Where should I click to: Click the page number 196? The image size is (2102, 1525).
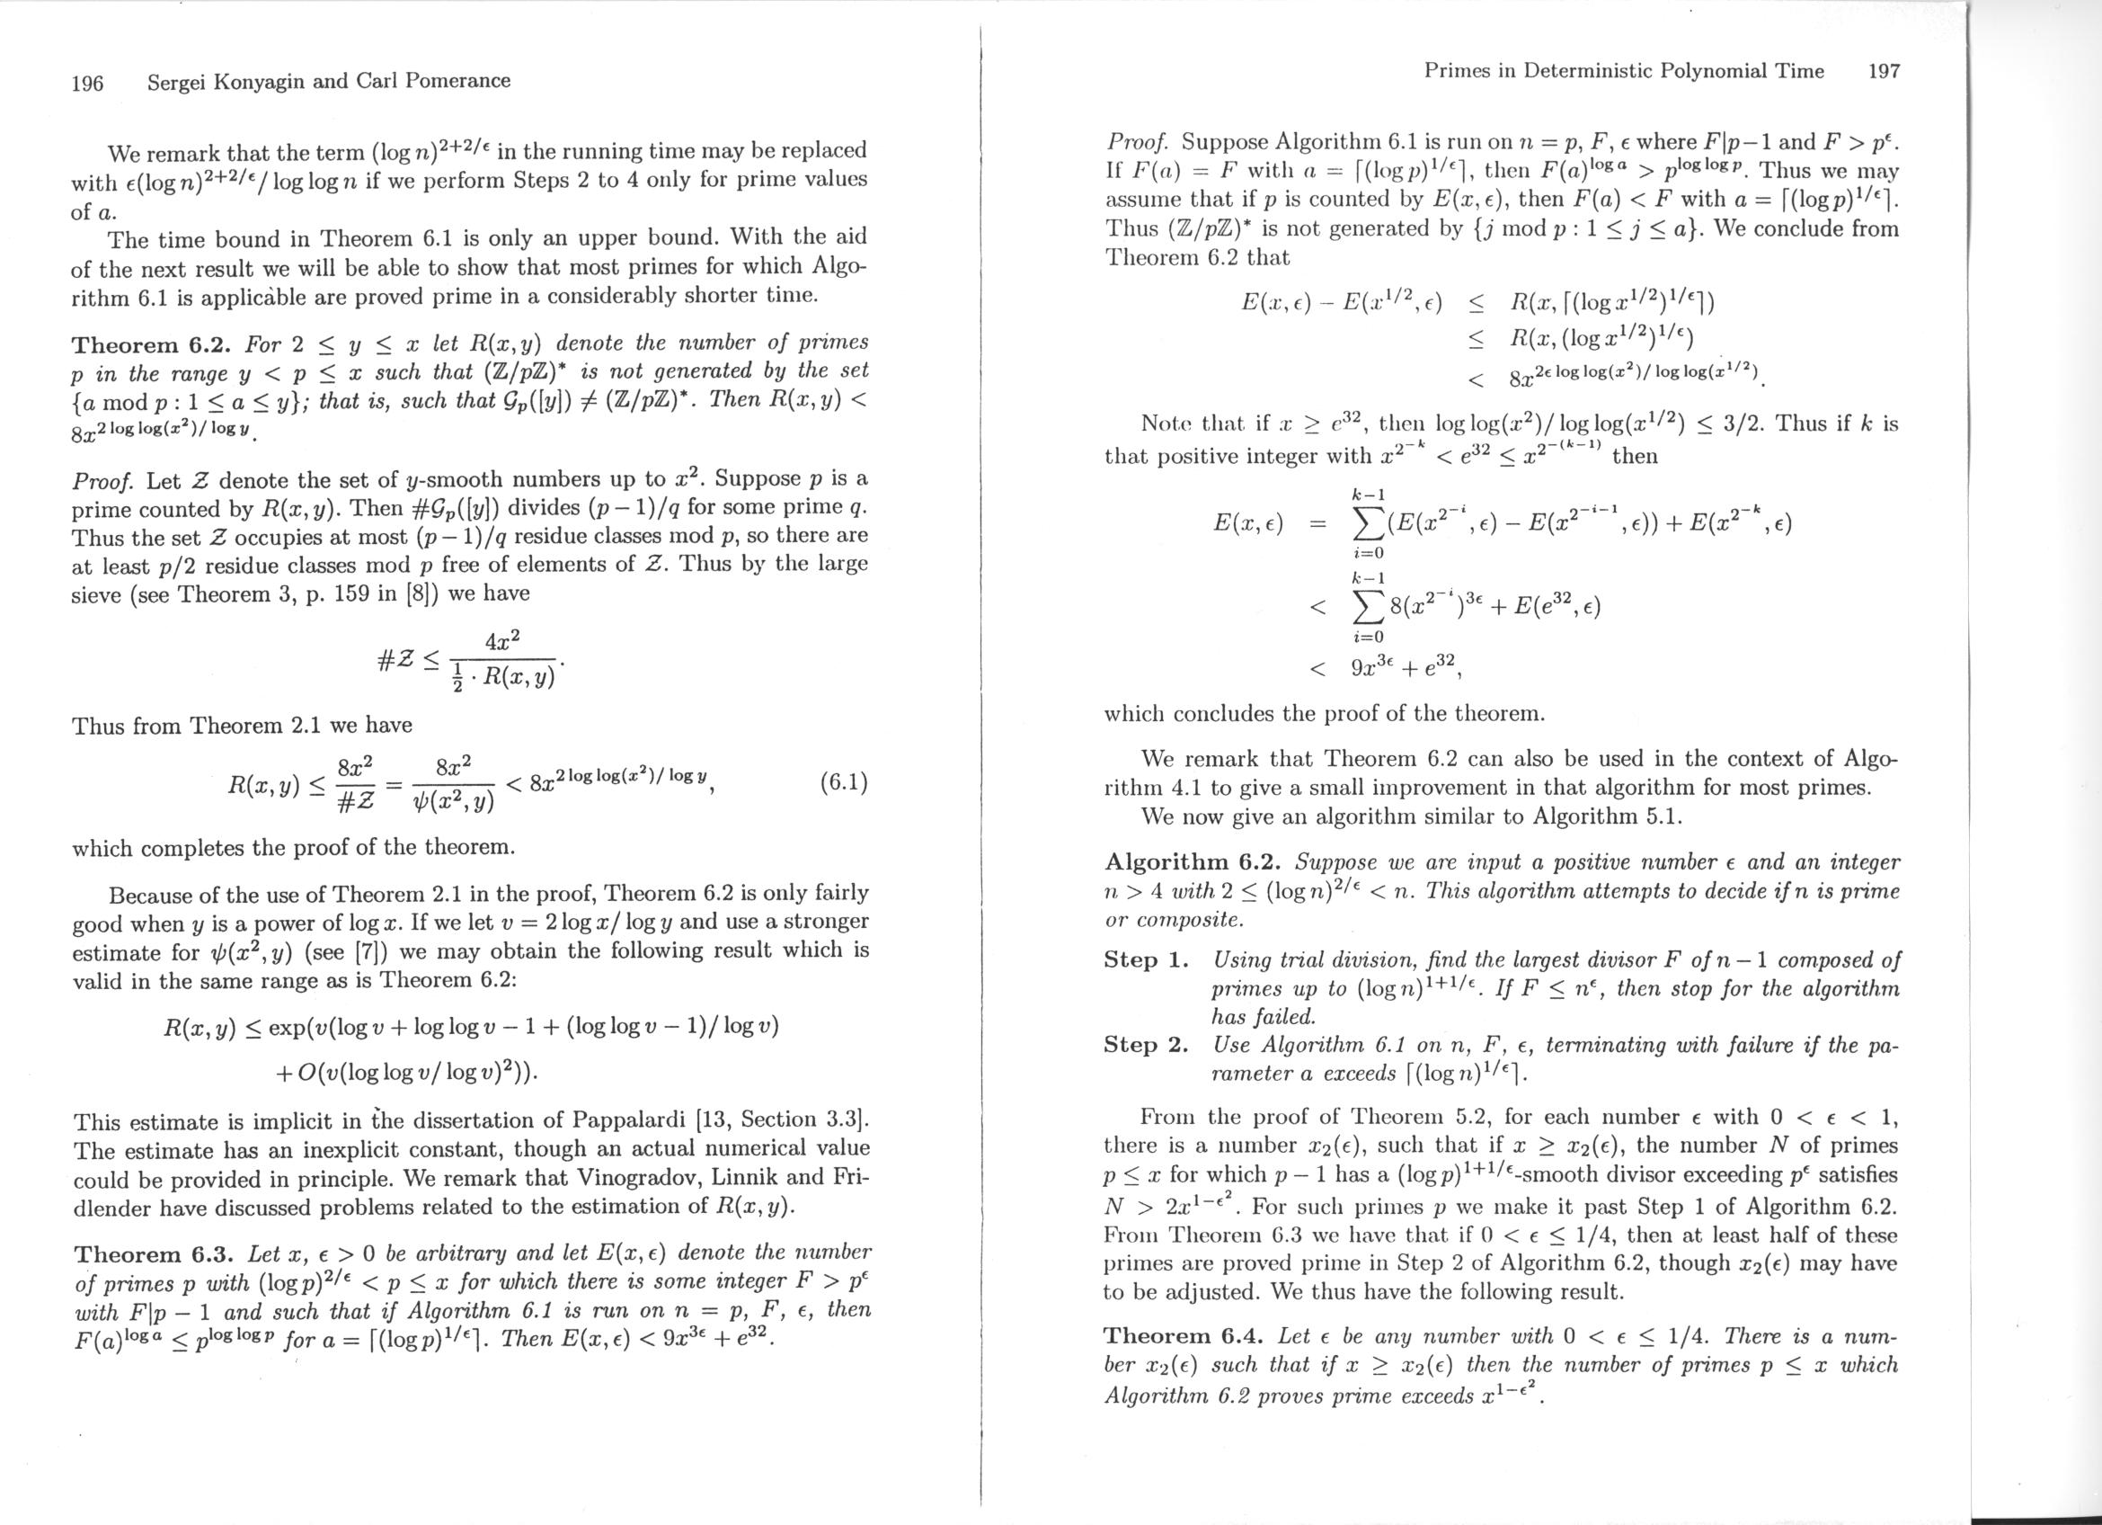click(87, 84)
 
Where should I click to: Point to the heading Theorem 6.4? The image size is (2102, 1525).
click(1184, 1336)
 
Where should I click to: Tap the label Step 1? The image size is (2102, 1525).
click(1146, 959)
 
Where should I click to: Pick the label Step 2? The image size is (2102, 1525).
click(1146, 1045)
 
